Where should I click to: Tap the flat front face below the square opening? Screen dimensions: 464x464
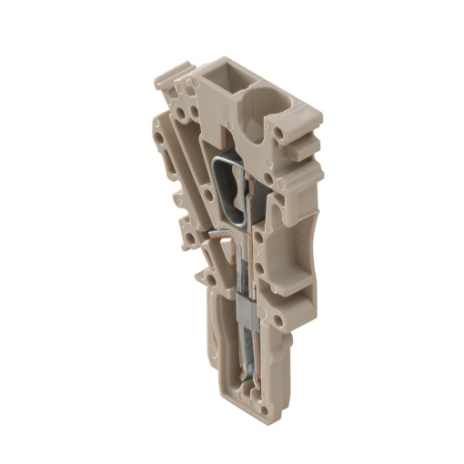222,118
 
